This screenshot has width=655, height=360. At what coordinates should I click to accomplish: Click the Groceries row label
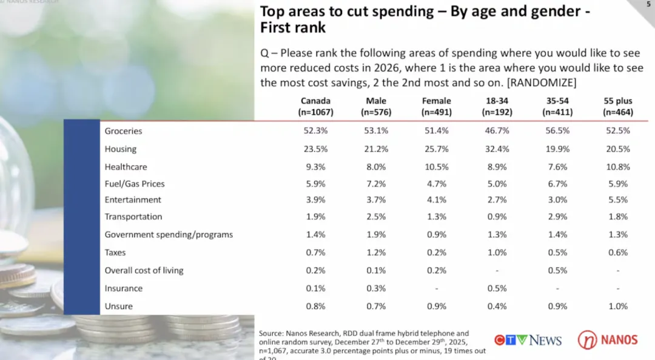pyautogui.click(x=123, y=131)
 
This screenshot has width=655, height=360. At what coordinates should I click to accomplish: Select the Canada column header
pyautogui.click(x=315, y=107)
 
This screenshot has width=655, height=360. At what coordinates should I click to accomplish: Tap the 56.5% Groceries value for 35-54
pyautogui.click(x=557, y=131)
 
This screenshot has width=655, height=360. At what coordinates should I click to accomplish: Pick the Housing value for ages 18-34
pyautogui.click(x=497, y=149)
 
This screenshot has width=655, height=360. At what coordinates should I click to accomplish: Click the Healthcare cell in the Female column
pyautogui.click(x=437, y=167)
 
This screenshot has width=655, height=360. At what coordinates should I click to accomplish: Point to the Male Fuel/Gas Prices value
pyautogui.click(x=376, y=184)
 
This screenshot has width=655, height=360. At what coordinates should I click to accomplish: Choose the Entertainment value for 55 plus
pyautogui.click(x=617, y=200)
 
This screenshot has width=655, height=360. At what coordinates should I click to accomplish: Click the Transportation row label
pyautogui.click(x=133, y=217)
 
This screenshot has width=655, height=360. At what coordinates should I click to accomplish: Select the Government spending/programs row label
pyautogui.click(x=169, y=235)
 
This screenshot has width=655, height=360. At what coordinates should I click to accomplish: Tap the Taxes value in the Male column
pyautogui.click(x=376, y=253)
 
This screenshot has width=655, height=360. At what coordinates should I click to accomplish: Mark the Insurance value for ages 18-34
pyautogui.click(x=497, y=288)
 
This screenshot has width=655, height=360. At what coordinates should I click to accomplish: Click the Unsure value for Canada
pyautogui.click(x=315, y=307)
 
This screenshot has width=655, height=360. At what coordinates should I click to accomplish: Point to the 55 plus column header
pyautogui.click(x=617, y=107)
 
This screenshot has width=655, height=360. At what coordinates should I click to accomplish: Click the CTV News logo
pyautogui.click(x=528, y=340)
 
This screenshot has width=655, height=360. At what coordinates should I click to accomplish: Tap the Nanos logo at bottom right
pyautogui.click(x=607, y=339)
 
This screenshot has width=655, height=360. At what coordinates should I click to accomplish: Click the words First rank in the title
pyautogui.click(x=293, y=28)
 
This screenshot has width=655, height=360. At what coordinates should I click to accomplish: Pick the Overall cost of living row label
pyautogui.click(x=144, y=270)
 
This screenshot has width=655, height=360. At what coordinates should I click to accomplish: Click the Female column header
pyautogui.click(x=437, y=107)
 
